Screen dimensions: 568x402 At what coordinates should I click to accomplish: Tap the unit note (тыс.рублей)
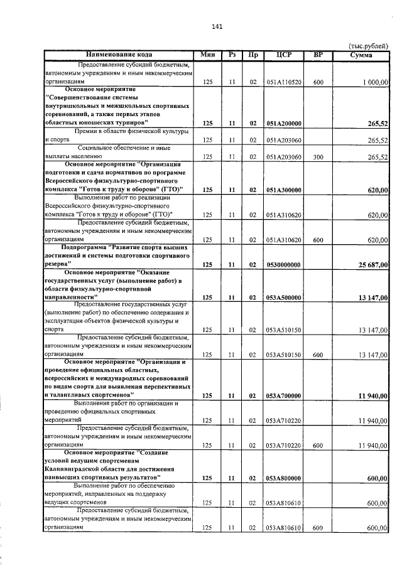coord(369,46)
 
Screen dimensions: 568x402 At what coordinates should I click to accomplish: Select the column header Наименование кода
coord(119,55)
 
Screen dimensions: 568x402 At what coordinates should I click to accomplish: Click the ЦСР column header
coord(284,55)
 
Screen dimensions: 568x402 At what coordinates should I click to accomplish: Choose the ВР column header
coord(318,55)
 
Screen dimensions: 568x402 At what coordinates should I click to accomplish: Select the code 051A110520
coord(284,82)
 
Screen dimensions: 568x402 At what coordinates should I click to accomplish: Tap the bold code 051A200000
coord(284,124)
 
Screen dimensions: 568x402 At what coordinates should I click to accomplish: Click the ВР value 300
coord(318,157)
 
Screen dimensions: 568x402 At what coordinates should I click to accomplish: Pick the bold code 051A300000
coord(284,190)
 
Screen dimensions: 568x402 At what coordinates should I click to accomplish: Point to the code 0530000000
coord(284,264)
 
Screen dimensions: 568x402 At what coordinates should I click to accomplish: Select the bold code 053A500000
coord(284,297)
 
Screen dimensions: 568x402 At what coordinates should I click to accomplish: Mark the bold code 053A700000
coord(284,395)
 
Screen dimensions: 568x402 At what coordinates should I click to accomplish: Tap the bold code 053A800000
coord(284,478)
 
